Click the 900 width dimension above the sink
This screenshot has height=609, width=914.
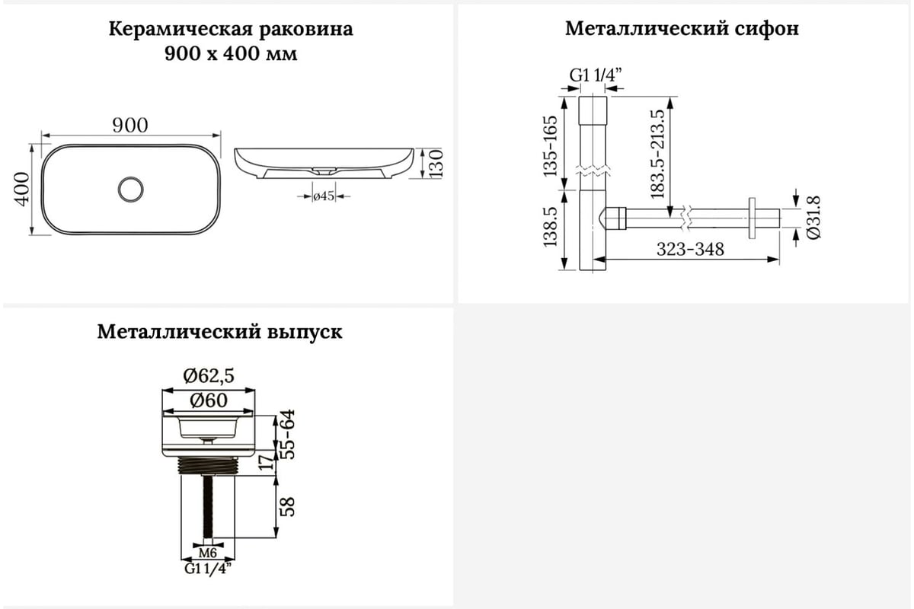[x=130, y=126]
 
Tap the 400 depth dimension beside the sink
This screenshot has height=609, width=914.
[x=22, y=189]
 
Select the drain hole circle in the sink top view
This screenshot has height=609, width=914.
[x=130, y=189]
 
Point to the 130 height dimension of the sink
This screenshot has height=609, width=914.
[x=436, y=163]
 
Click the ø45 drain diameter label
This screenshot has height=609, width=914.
[x=324, y=196]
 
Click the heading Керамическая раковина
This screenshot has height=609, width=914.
[x=231, y=29]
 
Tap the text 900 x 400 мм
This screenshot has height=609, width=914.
[x=231, y=54]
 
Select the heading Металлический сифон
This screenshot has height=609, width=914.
[x=682, y=29]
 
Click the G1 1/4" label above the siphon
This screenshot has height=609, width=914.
[x=596, y=75]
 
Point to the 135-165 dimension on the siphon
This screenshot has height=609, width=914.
[x=550, y=146]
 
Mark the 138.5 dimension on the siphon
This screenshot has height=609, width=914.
[x=550, y=227]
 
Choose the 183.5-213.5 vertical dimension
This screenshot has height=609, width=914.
[x=657, y=154]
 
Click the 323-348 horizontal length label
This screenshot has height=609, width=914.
[x=690, y=249]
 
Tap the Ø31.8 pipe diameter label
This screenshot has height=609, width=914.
[x=813, y=217]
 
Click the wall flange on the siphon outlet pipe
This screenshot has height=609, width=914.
[x=752, y=218]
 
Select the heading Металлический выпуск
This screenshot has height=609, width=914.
[x=219, y=332]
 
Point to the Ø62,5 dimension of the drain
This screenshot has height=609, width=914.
[x=209, y=376]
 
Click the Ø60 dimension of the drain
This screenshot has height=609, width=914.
[x=209, y=400]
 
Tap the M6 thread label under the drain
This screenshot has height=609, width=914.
[x=208, y=553]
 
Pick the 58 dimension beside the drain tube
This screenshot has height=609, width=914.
[x=288, y=507]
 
